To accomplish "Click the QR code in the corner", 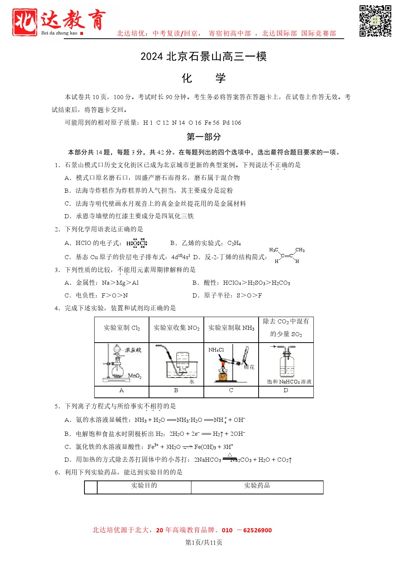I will click(375, 21).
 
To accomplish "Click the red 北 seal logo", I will click(24, 22).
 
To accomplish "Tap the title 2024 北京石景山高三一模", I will click(203, 57).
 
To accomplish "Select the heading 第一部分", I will click(204, 137).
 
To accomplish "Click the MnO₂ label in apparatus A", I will click(134, 376).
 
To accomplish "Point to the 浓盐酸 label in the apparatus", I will click(133, 350).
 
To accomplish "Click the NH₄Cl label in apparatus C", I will click(216, 350).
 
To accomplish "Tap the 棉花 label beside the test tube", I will click(249, 367).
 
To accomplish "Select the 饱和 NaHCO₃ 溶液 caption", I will click(289, 382).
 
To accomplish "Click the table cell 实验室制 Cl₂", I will click(122, 328).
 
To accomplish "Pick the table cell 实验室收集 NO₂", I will click(176, 328).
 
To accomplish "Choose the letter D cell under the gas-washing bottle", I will click(286, 391).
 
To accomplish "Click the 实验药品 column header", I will click(257, 486).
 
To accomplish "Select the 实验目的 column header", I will click(144, 486).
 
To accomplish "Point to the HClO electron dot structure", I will click(137, 243).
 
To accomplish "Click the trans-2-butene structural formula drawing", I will click(287, 255).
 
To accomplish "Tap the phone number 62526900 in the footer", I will click(257, 530).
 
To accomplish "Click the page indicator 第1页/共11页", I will click(204, 542).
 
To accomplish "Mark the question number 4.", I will click(57, 308).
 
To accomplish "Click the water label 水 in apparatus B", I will click(192, 382).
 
